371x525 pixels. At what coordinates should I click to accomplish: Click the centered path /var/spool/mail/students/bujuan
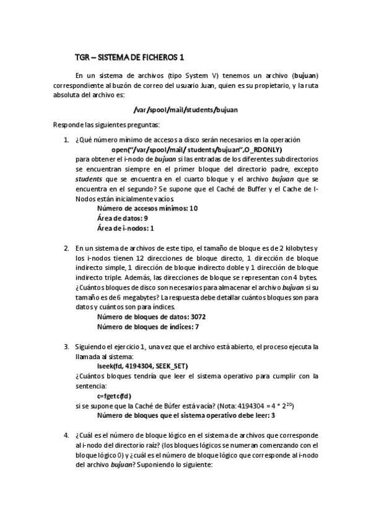click(185, 110)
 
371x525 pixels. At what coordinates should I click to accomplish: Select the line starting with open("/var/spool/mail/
click(196, 149)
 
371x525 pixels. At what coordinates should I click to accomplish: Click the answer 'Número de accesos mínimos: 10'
click(147, 209)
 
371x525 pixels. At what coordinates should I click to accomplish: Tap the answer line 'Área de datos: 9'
click(123, 219)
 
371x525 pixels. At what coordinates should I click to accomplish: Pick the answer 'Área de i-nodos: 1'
click(126, 228)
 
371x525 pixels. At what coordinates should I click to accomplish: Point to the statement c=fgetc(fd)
click(115, 396)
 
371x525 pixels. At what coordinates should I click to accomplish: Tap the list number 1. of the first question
click(68, 139)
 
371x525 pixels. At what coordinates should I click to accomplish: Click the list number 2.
click(68, 248)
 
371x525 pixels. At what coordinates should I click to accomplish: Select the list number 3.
click(68, 346)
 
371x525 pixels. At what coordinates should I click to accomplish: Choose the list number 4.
click(68, 435)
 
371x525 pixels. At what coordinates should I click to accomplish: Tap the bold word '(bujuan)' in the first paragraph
click(305, 76)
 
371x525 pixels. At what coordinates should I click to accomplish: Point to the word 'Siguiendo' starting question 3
click(90, 346)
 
